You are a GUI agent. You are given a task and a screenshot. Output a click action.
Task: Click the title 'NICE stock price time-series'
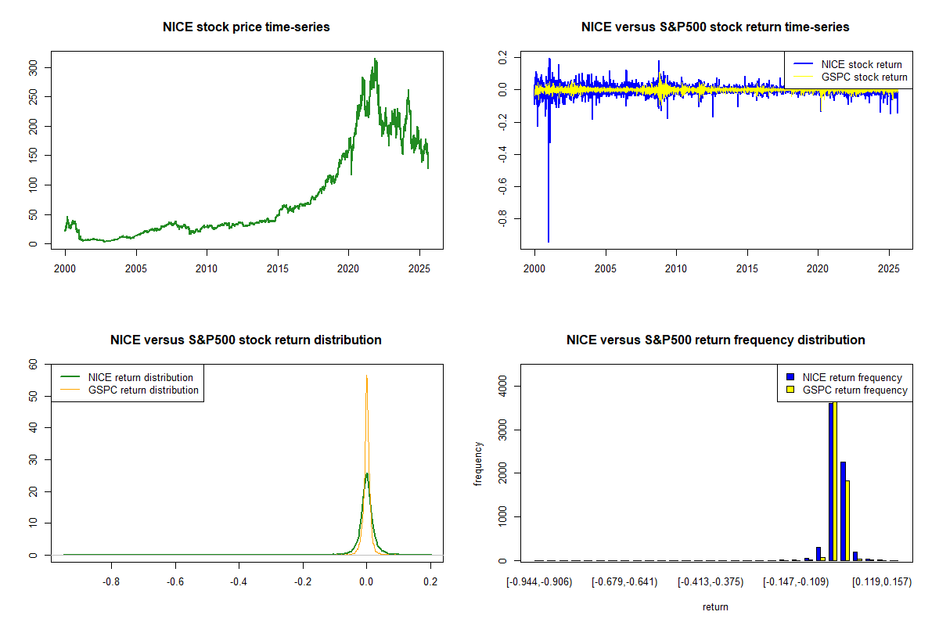pos(246,27)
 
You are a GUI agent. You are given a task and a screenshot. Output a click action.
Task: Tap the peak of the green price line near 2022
pos(376,59)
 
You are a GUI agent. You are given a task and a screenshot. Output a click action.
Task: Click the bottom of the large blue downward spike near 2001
pos(548,242)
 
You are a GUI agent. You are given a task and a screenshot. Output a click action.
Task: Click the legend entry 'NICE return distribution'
pos(140,377)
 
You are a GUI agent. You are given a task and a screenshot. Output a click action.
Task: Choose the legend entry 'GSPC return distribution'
pos(143,390)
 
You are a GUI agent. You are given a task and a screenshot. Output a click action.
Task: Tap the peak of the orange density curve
pos(366,376)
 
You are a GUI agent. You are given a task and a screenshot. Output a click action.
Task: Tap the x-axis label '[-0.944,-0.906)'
pos(539,582)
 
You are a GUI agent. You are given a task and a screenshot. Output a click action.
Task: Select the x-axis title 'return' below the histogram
pos(715,606)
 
